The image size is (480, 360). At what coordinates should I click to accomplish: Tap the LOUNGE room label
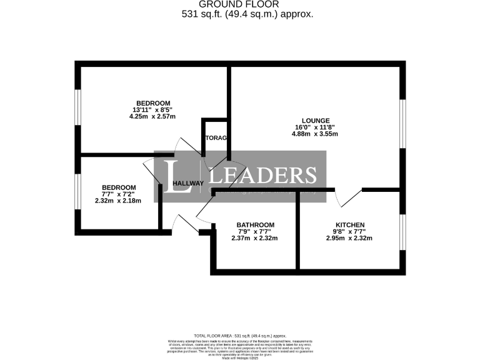pyautogui.click(x=316, y=120)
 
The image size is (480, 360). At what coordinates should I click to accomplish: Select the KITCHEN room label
pyautogui.click(x=349, y=225)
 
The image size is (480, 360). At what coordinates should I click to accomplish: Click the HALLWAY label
pyautogui.click(x=188, y=183)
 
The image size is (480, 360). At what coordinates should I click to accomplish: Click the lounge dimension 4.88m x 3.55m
pyautogui.click(x=316, y=134)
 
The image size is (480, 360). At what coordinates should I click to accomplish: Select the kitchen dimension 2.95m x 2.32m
pyautogui.click(x=349, y=238)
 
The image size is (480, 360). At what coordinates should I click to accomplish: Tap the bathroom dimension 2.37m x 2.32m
pyautogui.click(x=254, y=238)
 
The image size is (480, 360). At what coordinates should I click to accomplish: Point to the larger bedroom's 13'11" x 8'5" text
pyautogui.click(x=153, y=109)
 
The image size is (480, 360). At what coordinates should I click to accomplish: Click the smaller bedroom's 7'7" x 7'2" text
pyautogui.click(x=118, y=194)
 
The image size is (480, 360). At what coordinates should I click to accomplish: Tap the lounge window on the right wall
pyautogui.click(x=404, y=123)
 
